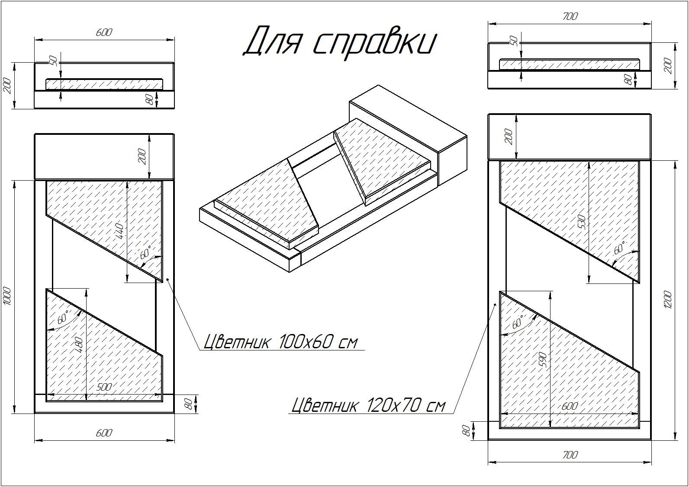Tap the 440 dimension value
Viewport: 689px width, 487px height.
pos(120,231)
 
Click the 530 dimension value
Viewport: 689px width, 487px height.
pos(582,222)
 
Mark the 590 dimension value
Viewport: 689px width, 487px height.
pos(543,360)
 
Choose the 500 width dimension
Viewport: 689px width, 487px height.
pos(104,387)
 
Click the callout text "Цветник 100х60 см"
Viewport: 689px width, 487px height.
pos(280,341)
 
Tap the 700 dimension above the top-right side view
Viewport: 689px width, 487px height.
pos(570,16)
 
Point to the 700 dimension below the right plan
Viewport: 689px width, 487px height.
pos(570,455)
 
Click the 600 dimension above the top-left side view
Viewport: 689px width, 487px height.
pos(104,32)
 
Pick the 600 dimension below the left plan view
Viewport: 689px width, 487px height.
pos(104,433)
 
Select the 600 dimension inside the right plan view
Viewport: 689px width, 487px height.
pos(570,406)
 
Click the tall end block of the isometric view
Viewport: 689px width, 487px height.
pos(409,135)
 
